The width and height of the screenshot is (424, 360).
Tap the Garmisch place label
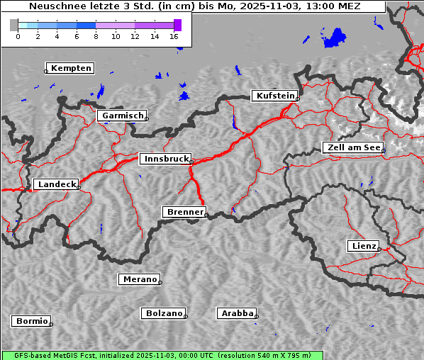click(x=123, y=116)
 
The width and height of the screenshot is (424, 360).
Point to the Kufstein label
click(x=275, y=96)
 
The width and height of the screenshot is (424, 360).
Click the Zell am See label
click(x=354, y=147)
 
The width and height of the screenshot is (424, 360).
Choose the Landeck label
click(x=57, y=184)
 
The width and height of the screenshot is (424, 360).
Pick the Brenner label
click(x=185, y=212)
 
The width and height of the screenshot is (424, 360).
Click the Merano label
click(x=140, y=279)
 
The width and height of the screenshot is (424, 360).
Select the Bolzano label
click(x=164, y=313)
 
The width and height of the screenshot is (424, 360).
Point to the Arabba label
click(x=237, y=313)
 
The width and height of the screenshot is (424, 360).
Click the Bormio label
click(x=32, y=321)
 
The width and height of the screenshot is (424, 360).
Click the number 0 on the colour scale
click(x=18, y=36)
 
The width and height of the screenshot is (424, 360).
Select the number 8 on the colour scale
click(x=96, y=36)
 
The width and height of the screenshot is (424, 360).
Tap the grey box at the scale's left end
click(x=14, y=25)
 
